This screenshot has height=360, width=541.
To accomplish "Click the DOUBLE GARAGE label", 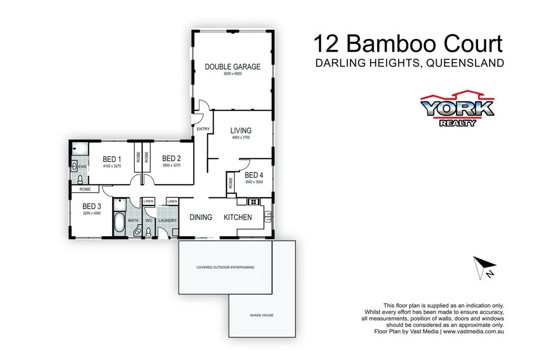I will (x=232, y=67).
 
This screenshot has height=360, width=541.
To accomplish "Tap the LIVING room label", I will (x=241, y=130).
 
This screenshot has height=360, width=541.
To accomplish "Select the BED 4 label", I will (x=254, y=175).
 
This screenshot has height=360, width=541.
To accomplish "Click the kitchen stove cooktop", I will (x=254, y=202).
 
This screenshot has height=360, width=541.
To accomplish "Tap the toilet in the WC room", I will (x=148, y=231).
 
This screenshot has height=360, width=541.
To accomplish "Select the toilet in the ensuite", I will (x=80, y=179).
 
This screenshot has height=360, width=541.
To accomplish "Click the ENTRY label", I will (x=203, y=129).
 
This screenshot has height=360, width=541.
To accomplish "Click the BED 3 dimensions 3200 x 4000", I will (x=91, y=214).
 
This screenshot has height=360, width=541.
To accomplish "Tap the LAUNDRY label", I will (x=167, y=221).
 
